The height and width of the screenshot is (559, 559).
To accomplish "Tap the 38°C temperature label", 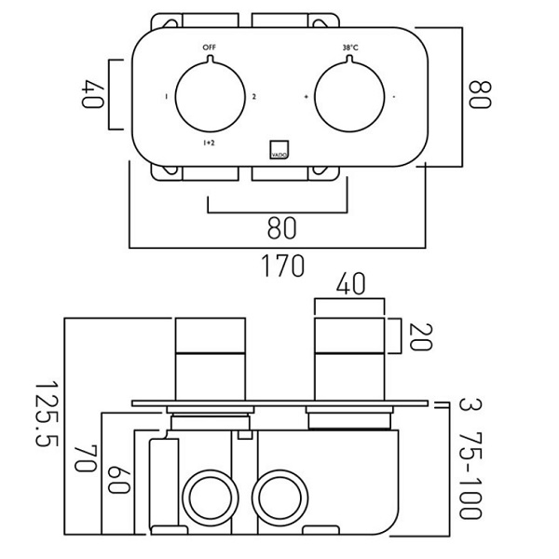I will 349,46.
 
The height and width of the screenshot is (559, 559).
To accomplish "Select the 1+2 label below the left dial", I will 210,143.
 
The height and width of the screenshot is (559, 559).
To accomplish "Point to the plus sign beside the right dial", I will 305,97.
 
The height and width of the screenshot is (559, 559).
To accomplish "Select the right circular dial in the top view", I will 349,95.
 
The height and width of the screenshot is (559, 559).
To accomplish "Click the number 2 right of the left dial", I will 252,97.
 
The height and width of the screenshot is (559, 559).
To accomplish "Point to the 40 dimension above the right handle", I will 349,283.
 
